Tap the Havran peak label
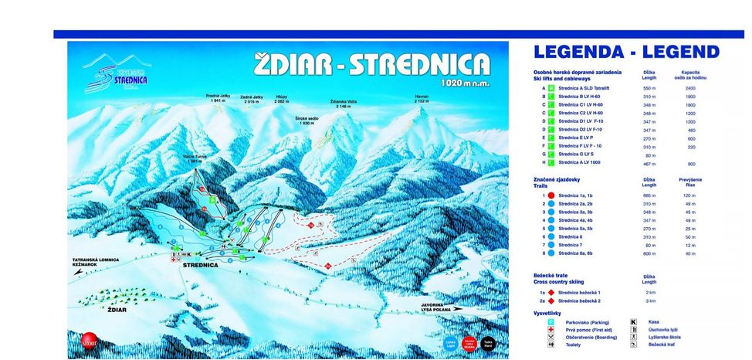422,99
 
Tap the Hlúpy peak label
282,99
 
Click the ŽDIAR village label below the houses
117,309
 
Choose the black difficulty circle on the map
487,343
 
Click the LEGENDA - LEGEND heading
626,53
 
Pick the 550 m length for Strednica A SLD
649,88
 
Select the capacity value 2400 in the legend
689,88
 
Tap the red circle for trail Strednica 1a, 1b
551,195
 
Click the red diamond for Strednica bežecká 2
551,301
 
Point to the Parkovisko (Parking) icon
551,321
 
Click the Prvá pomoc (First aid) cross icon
551,330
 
